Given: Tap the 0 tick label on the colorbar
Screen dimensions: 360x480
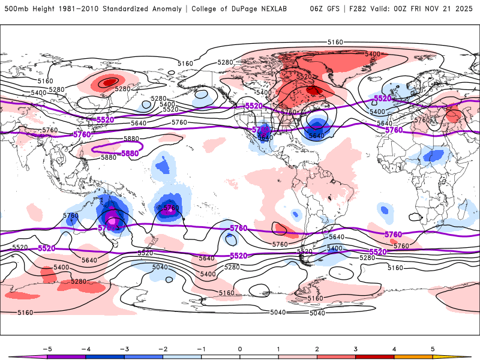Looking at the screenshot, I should pyautogui.click(x=239, y=348).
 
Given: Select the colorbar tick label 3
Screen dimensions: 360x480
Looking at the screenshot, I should pyautogui.click(x=355, y=348).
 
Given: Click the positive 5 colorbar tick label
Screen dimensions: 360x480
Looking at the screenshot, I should pyautogui.click(x=432, y=348).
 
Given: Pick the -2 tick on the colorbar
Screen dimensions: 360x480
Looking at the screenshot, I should pyautogui.click(x=163, y=348).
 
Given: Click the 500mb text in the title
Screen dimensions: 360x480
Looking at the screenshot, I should pyautogui.click(x=16, y=9).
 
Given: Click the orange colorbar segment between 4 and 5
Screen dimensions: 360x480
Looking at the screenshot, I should pyautogui.click(x=413, y=356).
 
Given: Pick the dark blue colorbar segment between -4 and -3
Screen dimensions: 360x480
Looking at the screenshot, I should pyautogui.click(x=104, y=356).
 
